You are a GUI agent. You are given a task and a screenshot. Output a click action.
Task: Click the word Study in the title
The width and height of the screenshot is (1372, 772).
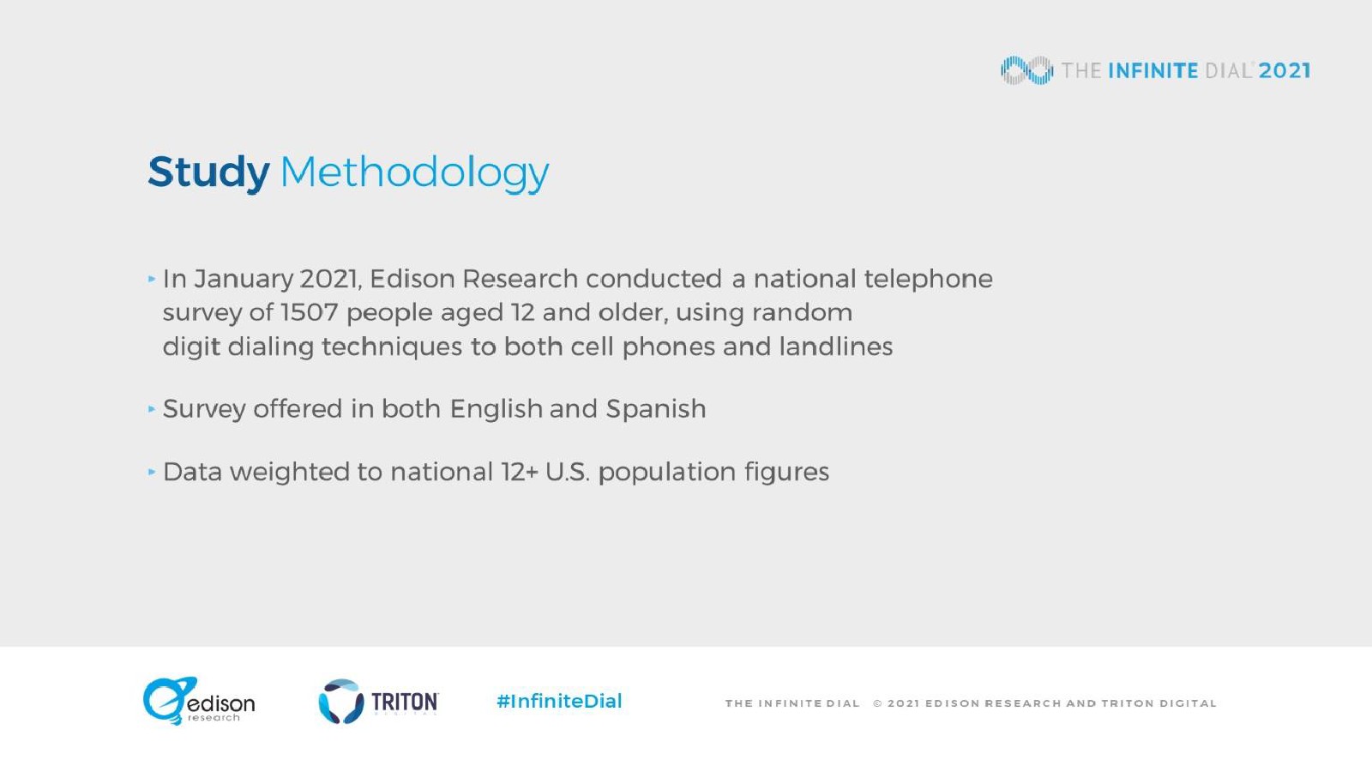click(208, 172)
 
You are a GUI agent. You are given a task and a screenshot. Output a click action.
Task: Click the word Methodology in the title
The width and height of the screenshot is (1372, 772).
click(415, 172)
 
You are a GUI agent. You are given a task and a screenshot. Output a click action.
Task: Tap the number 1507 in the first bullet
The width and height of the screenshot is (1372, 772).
click(309, 312)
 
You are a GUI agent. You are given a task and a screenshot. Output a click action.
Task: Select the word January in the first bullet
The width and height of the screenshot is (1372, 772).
click(244, 280)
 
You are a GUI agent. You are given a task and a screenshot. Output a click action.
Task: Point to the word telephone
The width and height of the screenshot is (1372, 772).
click(928, 280)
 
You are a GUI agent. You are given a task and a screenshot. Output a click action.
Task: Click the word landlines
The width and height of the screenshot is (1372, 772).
click(836, 347)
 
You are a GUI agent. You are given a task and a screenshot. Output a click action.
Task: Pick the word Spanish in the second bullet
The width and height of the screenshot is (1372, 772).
click(656, 409)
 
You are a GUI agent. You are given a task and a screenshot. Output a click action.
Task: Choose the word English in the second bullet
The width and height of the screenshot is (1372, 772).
click(496, 409)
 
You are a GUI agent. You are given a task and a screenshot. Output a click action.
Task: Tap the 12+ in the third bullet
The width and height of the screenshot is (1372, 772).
click(519, 472)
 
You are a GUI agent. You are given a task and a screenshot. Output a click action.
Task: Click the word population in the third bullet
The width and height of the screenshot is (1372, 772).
click(667, 473)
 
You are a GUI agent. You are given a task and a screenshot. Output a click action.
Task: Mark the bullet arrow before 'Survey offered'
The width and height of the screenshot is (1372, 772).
click(151, 408)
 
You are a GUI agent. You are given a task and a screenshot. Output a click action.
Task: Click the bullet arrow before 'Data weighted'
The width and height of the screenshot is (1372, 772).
click(151, 472)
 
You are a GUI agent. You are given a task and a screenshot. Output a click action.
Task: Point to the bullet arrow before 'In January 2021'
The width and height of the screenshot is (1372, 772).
click(151, 280)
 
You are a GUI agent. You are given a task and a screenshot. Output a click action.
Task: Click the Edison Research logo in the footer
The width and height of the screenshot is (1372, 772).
click(199, 701)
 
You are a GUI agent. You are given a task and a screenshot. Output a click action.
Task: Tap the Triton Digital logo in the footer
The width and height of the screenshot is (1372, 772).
click(378, 702)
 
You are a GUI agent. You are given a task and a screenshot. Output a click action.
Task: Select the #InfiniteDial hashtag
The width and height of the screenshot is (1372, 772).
click(559, 701)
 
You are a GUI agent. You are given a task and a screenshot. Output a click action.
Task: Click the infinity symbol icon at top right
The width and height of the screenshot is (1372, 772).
click(1027, 70)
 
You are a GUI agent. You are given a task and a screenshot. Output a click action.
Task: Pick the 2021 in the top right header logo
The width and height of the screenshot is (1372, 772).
click(1285, 71)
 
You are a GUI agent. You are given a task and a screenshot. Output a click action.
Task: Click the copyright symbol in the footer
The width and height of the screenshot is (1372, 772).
click(878, 703)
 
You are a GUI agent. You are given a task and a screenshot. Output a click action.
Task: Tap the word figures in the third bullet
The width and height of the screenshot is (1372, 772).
click(787, 473)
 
